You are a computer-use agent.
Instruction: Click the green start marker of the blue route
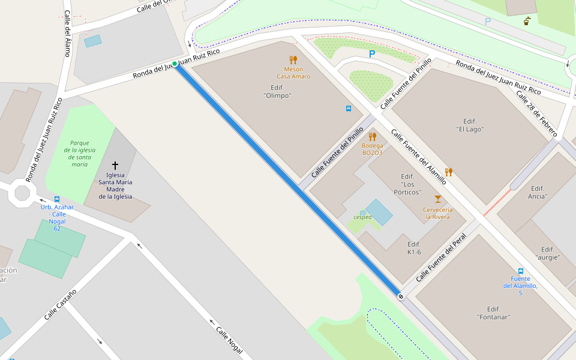(175, 64)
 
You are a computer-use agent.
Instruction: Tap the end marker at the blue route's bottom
(400, 296)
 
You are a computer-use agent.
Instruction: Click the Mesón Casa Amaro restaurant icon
(293, 60)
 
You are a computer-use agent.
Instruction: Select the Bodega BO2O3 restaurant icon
(372, 136)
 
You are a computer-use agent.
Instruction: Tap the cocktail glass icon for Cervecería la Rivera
(438, 199)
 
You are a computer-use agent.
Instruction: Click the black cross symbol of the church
(115, 165)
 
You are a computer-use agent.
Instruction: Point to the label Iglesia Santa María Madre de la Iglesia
(115, 189)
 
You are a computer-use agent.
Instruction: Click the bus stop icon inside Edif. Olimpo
(348, 109)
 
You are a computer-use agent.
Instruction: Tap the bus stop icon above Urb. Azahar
(57, 199)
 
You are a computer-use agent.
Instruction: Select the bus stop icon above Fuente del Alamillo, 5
(520, 271)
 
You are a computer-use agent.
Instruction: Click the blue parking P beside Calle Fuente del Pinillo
(372, 54)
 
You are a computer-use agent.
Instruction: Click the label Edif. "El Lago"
(470, 125)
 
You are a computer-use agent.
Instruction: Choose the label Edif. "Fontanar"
(494, 313)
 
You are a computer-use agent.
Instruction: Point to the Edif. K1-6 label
(414, 248)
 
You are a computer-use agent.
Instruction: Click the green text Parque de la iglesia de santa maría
(79, 154)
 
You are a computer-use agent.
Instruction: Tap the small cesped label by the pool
(362, 217)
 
